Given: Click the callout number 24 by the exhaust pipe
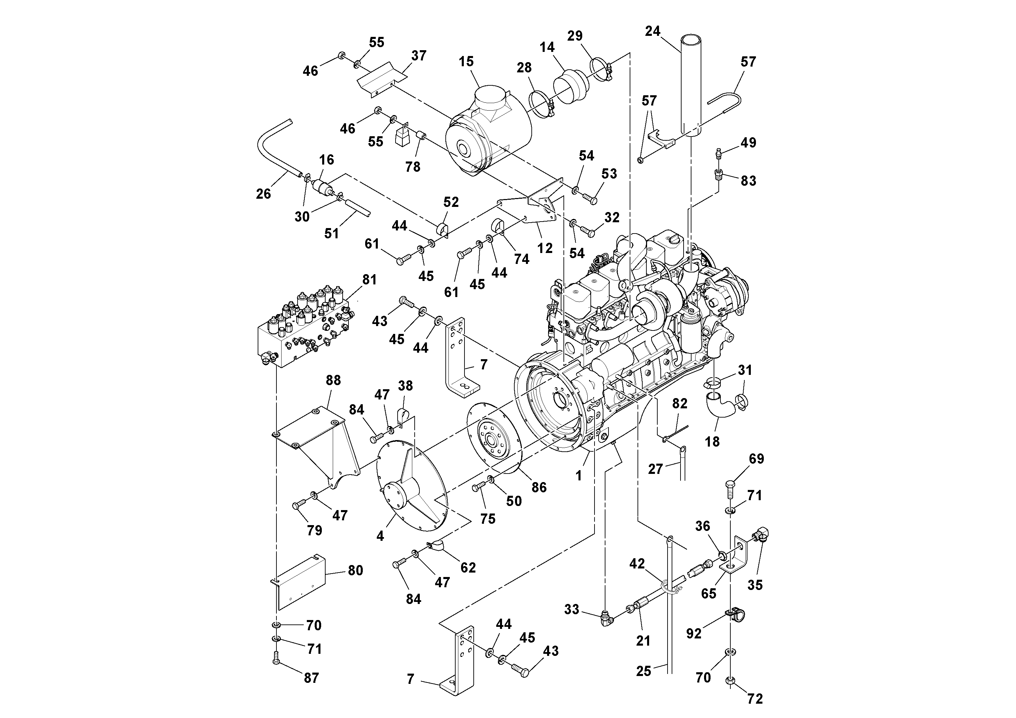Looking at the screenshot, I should click(x=652, y=31).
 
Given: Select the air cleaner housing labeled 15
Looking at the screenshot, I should click(x=487, y=133).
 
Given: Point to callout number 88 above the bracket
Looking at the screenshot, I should click(x=333, y=380).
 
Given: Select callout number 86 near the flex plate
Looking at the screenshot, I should click(x=539, y=487).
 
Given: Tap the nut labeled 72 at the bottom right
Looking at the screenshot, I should click(x=731, y=692).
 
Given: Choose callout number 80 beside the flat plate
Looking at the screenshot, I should click(x=355, y=571).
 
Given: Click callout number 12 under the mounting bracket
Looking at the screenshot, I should click(x=545, y=248).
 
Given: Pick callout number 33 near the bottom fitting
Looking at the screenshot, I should click(x=571, y=609).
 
